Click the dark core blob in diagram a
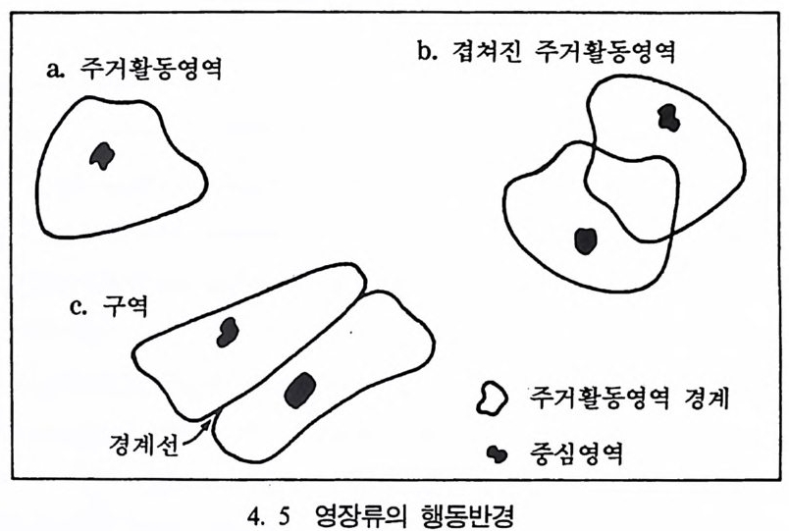[102, 155]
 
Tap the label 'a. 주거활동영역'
[133, 69]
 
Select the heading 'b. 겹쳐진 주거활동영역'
[547, 51]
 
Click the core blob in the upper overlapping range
[669, 118]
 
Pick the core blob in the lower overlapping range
[585, 241]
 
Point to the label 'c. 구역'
[109, 305]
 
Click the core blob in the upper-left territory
[228, 332]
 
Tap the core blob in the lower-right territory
[300, 390]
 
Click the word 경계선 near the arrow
[144, 444]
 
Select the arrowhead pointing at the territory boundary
[206, 427]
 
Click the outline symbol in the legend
[492, 398]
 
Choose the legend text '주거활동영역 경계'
[629, 398]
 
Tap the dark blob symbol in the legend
[498, 454]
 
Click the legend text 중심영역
[577, 453]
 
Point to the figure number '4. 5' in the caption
[270, 516]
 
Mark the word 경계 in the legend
[707, 398]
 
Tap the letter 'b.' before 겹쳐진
[428, 51]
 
